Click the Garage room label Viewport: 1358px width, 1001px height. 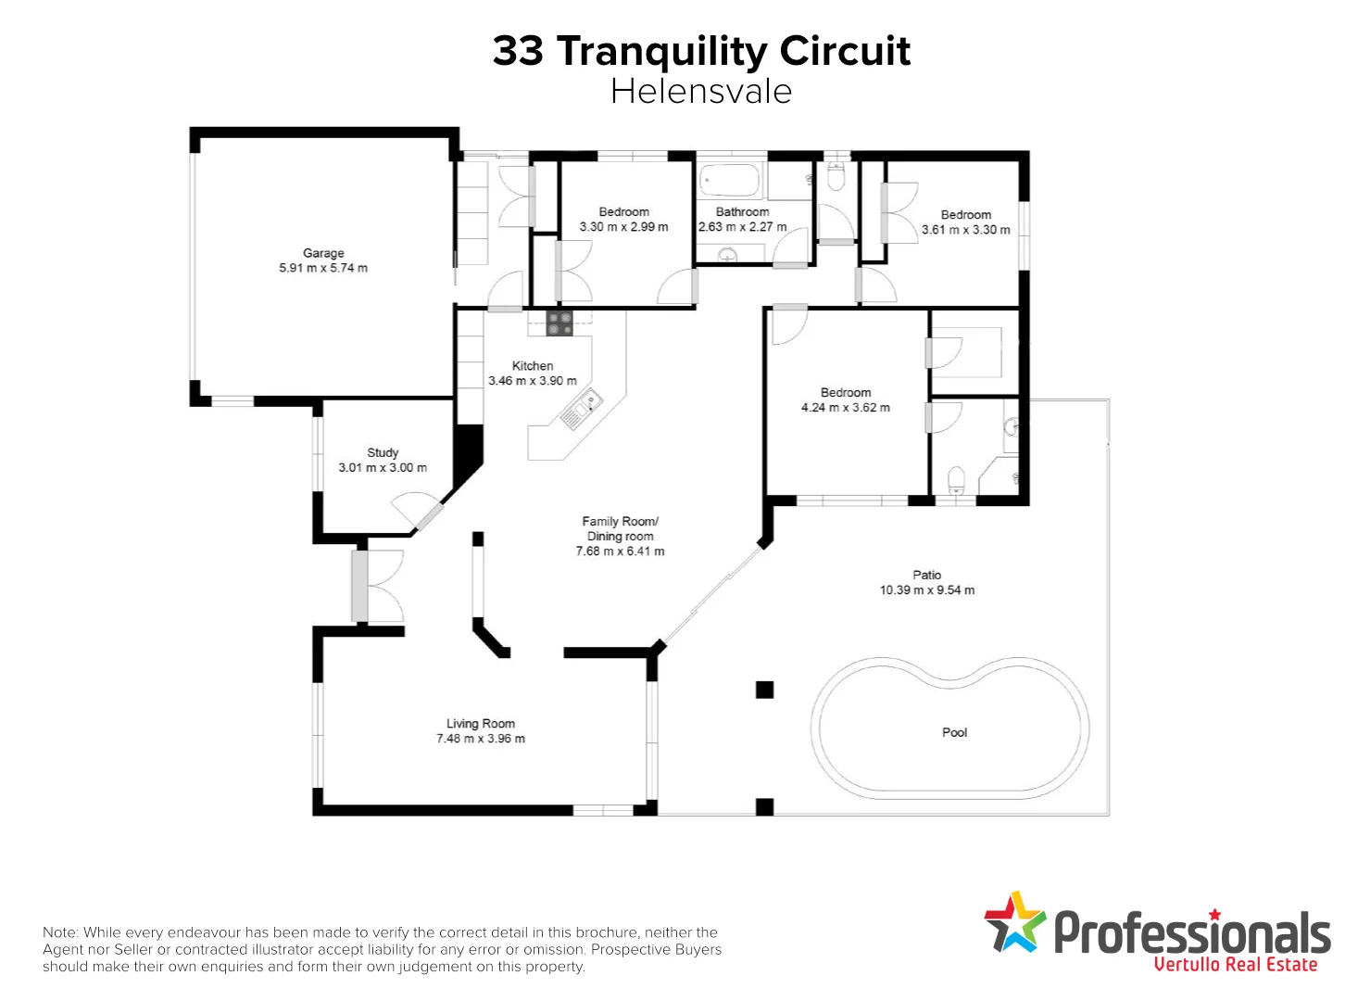pos(323,253)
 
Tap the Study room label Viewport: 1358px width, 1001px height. pos(383,452)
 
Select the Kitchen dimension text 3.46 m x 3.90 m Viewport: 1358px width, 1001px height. pos(532,381)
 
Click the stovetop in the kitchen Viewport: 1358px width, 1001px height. pos(559,323)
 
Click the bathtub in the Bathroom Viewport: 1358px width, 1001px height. pos(730,180)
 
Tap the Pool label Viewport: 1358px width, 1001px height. pos(954,732)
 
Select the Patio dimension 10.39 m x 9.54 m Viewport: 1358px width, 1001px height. pos(926,589)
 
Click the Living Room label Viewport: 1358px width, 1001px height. pos(480,724)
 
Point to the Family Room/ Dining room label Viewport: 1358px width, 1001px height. pos(620,528)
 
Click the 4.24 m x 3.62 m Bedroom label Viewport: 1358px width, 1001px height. pos(845,393)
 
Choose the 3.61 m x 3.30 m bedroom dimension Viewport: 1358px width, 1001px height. pos(965,230)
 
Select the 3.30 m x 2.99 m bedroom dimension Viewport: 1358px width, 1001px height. pos(623,227)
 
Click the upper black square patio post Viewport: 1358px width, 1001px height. pos(764,690)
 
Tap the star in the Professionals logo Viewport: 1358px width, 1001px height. pos(1014,922)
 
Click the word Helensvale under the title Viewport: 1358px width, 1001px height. pos(701,92)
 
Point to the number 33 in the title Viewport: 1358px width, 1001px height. pos(518,51)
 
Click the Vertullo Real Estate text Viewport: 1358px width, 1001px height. pos(1235,965)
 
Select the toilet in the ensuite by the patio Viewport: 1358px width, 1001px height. pos(956,480)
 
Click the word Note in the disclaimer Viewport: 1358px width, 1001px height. pos(59,932)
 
